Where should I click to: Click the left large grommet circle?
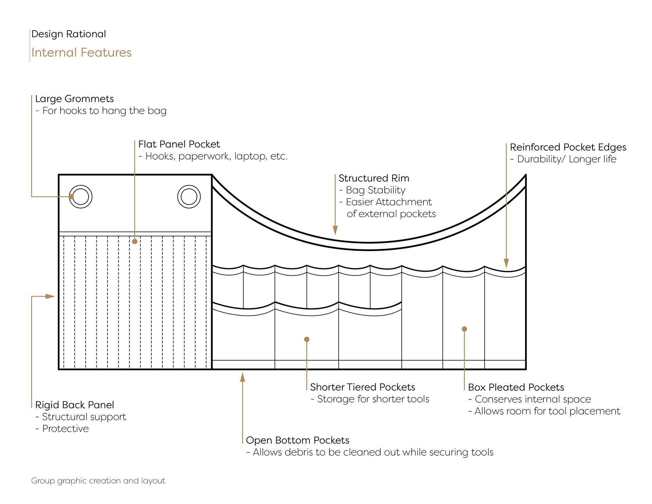click(80, 197)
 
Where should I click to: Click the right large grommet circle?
click(189, 197)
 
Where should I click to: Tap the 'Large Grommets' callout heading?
click(74, 99)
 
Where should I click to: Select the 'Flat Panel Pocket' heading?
click(179, 144)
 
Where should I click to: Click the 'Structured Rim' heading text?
click(374, 178)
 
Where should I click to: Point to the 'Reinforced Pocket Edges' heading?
click(568, 147)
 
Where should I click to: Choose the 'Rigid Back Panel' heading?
click(74, 405)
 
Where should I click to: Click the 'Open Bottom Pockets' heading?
click(297, 440)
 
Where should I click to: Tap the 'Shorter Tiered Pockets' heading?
click(362, 387)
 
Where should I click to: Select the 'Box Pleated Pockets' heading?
click(516, 387)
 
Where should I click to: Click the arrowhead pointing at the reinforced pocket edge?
click(506, 263)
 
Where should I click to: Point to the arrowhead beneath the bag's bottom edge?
click(242, 377)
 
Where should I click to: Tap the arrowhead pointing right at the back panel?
click(50, 296)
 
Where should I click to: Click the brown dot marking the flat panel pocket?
click(135, 241)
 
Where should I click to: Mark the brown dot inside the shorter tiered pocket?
click(307, 339)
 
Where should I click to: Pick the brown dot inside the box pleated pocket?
click(464, 329)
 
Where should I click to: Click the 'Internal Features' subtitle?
click(81, 53)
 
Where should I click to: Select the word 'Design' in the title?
click(47, 34)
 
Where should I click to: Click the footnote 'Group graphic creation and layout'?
click(98, 481)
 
